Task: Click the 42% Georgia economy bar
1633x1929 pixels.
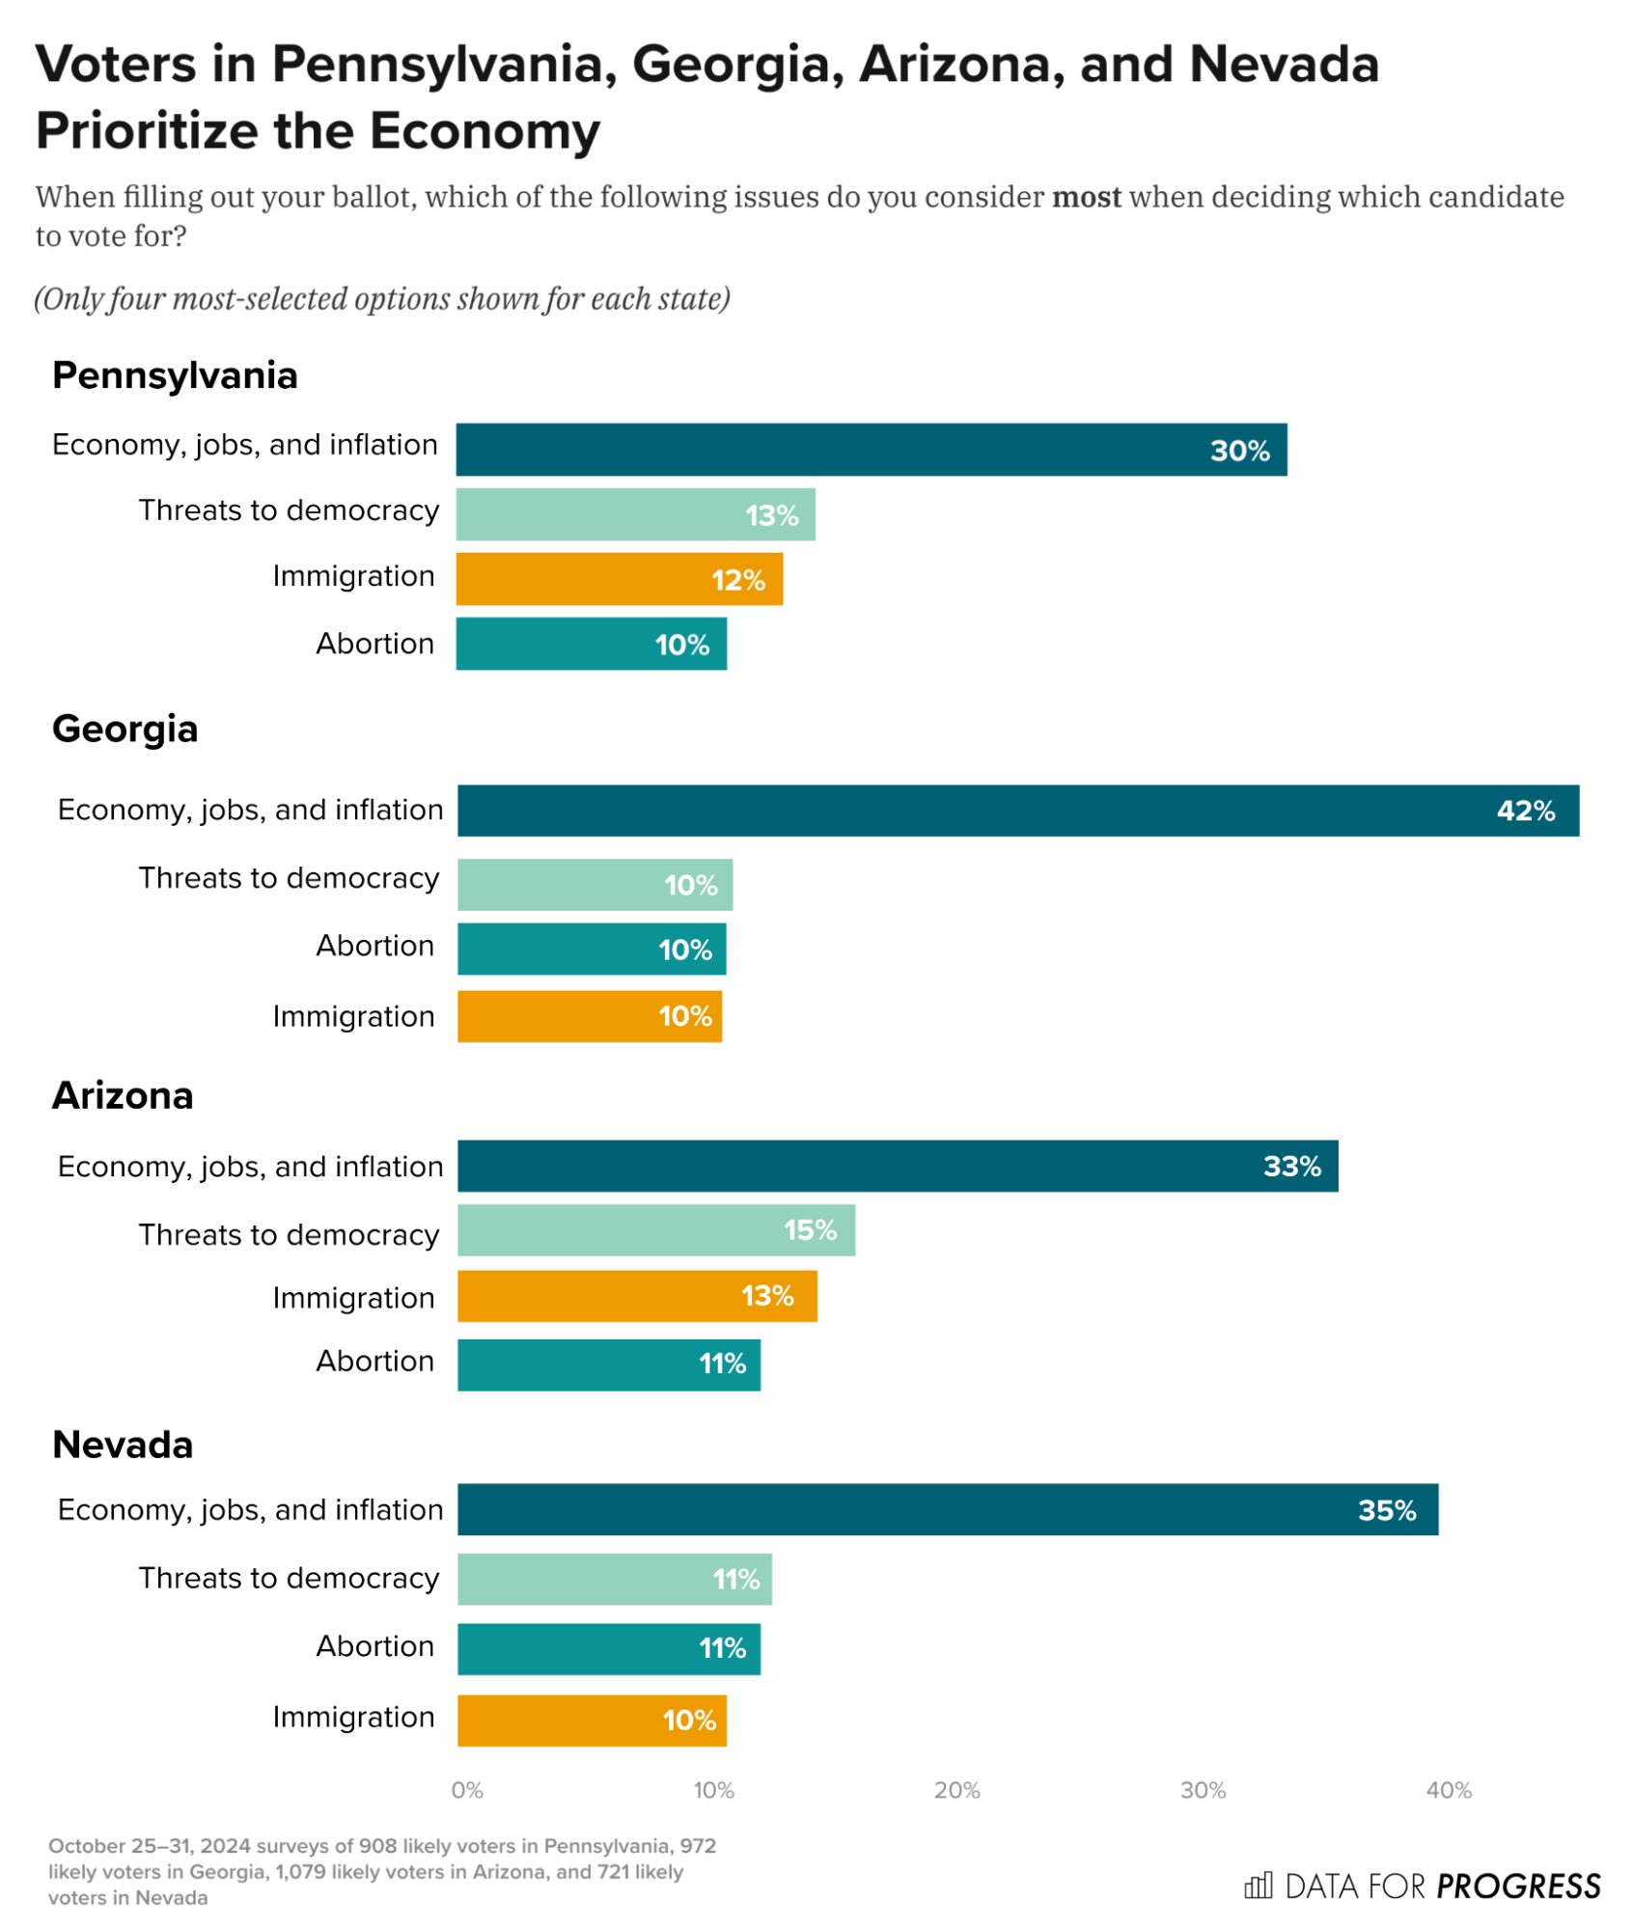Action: [1018, 812]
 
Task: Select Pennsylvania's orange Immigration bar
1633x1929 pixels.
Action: [620, 580]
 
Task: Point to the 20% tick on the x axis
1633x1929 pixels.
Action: [957, 1792]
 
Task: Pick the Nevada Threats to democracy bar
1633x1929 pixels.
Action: [615, 1581]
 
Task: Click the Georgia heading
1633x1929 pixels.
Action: [125, 730]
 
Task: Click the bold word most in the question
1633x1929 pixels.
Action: [1087, 197]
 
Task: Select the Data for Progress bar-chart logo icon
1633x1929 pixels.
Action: [1259, 1887]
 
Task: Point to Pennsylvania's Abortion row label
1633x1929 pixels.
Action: [375, 645]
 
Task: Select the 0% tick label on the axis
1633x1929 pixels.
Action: [467, 1792]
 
